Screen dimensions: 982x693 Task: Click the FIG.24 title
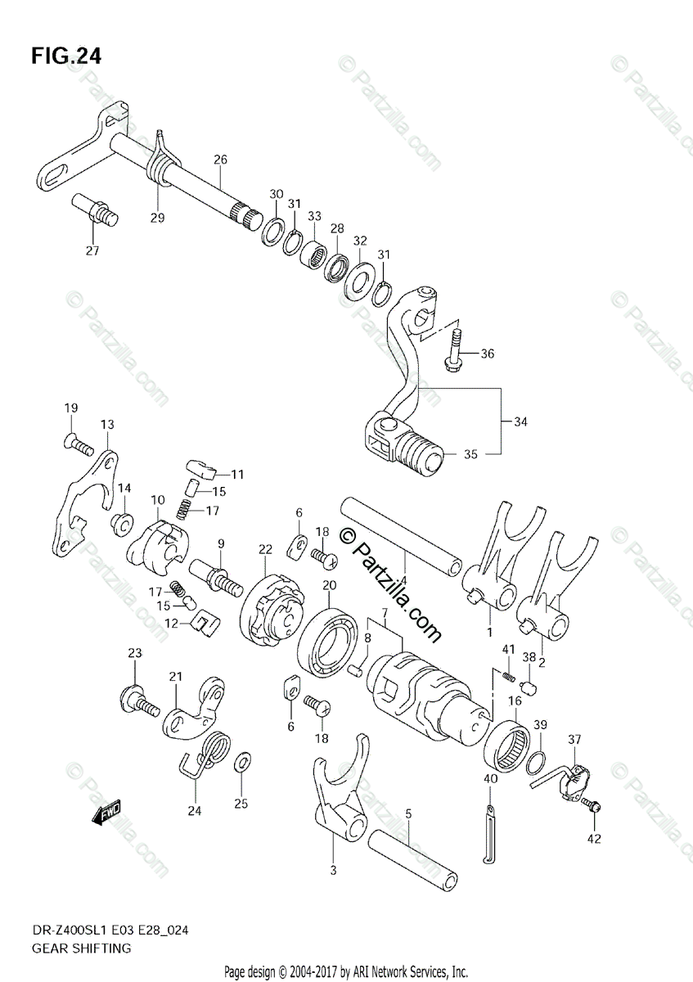pyautogui.click(x=67, y=56)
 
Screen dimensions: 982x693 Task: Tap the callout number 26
pyautogui.click(x=220, y=159)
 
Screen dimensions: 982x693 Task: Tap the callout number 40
pyautogui.click(x=490, y=779)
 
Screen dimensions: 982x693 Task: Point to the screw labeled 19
pyautogui.click(x=77, y=444)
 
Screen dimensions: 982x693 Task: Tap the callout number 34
pyautogui.click(x=521, y=422)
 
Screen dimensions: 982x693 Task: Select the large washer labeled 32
pyautogui.click(x=357, y=281)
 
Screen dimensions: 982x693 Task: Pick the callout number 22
pyautogui.click(x=265, y=547)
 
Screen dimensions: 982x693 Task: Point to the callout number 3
pyautogui.click(x=333, y=871)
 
